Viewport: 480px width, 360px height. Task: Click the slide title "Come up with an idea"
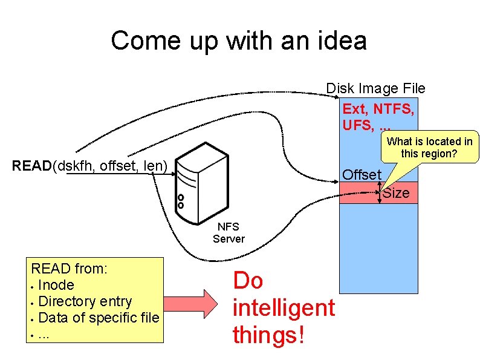pos(239,41)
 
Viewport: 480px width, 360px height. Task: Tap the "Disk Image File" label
pos(375,88)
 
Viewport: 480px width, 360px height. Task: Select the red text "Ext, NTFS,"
pos(378,109)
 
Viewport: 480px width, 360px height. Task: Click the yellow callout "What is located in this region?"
pos(429,147)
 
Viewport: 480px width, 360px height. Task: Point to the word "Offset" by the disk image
pos(362,175)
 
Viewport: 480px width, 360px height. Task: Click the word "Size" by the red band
pos(396,193)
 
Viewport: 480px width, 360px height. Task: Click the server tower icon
pos(199,184)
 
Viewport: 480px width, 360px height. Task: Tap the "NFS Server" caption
pos(229,233)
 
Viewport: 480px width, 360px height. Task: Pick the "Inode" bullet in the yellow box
pos(56,285)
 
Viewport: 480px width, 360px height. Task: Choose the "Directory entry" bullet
pos(85,301)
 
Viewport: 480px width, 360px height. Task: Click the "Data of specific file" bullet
pos(98,317)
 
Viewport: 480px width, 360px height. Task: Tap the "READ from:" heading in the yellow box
pos(70,269)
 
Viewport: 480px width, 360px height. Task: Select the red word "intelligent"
pos(284,307)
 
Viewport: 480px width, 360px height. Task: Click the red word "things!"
pos(268,334)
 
